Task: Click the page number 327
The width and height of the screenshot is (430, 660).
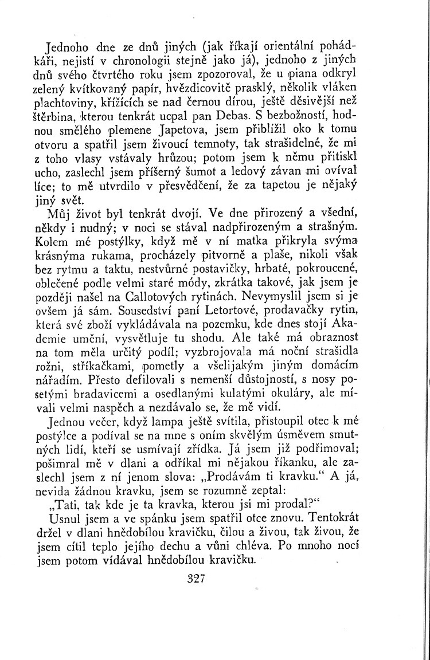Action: point(196,579)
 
